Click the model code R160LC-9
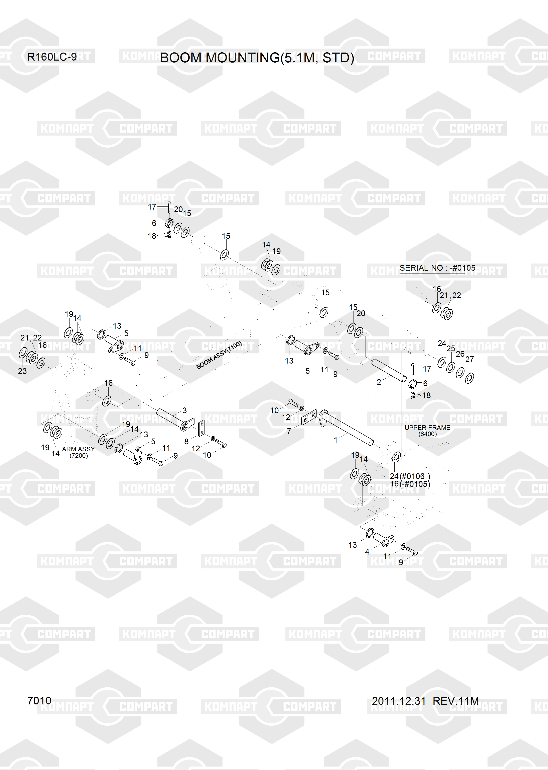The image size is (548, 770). (x=52, y=57)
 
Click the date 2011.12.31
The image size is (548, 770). (x=399, y=701)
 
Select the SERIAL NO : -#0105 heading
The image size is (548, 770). (x=437, y=268)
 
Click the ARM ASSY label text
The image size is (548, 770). (x=78, y=449)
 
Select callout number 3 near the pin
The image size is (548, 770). (x=185, y=410)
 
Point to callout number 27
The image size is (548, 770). (x=469, y=359)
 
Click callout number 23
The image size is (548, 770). (x=22, y=371)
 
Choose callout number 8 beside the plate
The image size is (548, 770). (x=186, y=441)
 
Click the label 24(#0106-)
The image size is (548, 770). (x=410, y=476)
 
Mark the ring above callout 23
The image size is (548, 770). (x=23, y=353)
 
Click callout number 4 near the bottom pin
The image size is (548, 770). (x=367, y=551)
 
